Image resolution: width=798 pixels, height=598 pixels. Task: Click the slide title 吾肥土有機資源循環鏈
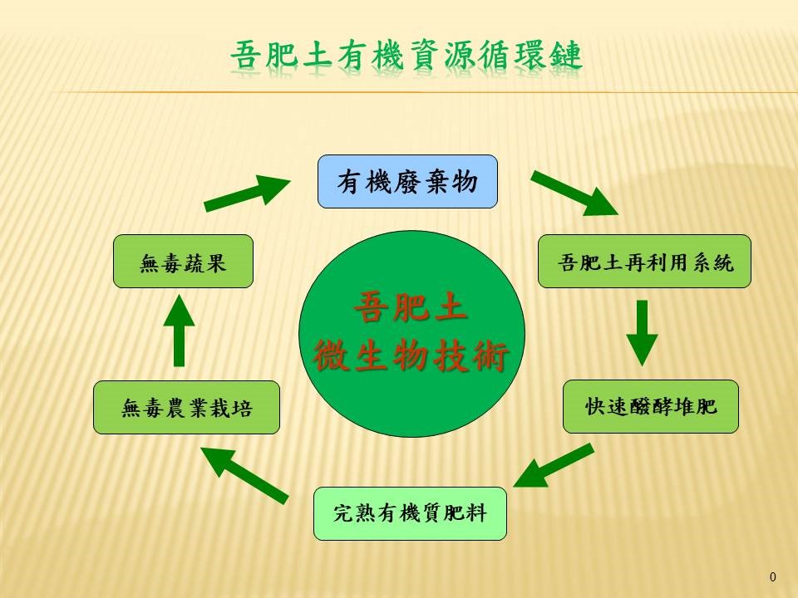[406, 55]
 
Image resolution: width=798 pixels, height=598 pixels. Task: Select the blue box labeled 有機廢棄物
[407, 182]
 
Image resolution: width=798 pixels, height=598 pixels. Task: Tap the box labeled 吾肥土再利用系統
[644, 262]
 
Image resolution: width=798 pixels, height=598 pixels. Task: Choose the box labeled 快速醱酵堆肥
[650, 406]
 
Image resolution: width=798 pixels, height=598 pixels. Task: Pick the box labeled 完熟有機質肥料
[410, 513]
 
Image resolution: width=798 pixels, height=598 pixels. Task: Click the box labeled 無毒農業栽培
[186, 407]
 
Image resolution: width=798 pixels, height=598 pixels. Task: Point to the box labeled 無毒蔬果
[183, 262]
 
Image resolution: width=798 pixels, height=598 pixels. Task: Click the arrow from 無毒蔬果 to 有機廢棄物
[247, 192]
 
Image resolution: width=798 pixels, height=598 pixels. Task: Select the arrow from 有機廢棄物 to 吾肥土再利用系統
[574, 194]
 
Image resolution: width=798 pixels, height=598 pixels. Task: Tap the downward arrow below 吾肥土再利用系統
[642, 332]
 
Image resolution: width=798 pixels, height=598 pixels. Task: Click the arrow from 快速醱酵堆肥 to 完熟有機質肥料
[554, 465]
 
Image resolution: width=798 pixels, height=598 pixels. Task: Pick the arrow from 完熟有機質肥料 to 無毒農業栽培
[244, 475]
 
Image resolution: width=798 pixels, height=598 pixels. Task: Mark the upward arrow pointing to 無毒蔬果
[180, 330]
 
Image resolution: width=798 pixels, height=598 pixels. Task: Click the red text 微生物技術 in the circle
[411, 356]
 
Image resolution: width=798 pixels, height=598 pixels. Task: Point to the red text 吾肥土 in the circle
[410, 306]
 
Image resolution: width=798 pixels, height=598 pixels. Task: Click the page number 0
[773, 576]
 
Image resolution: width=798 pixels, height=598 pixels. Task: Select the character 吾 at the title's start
[247, 55]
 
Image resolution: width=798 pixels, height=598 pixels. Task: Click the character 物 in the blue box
[465, 182]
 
